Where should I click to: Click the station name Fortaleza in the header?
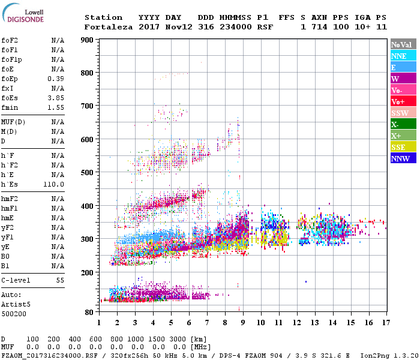coord(108,27)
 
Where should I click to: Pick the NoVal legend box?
coord(403,44)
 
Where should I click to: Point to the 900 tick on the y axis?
coord(87,40)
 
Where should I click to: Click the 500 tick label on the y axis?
coord(87,173)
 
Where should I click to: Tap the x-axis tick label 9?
coord(243,323)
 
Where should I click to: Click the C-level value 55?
coord(60,280)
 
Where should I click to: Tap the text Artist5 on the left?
coord(15,304)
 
